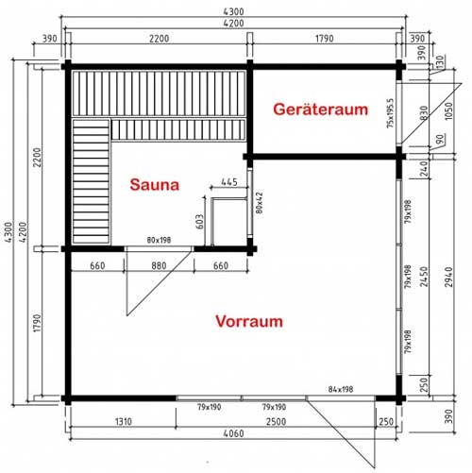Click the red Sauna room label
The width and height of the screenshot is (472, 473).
click(x=154, y=185)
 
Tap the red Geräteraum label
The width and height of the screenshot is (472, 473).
click(x=320, y=110)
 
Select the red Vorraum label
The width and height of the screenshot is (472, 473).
click(x=249, y=321)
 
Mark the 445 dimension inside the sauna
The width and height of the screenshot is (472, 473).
click(x=228, y=181)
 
